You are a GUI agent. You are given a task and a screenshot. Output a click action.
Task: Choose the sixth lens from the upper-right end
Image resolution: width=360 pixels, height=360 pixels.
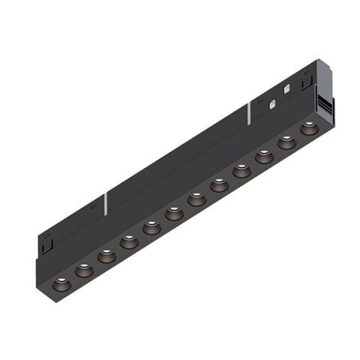click(x=196, y=198)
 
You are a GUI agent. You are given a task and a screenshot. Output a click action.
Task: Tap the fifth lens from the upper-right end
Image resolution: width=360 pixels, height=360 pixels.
click(x=219, y=183)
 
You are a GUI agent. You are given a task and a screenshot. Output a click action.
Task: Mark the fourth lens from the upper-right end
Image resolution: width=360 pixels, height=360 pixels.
click(x=241, y=170)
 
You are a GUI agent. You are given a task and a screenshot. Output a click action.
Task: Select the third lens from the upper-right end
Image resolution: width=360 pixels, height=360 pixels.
click(x=264, y=156)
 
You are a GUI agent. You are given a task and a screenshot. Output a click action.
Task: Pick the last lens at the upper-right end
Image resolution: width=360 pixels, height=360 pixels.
click(x=308, y=128)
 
